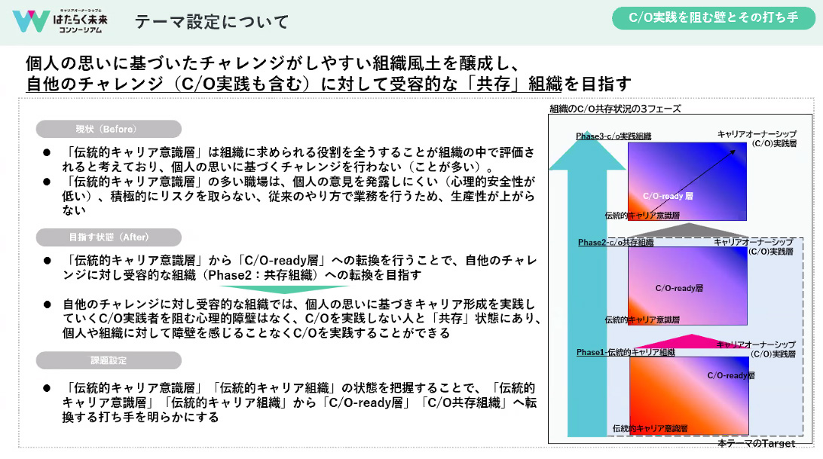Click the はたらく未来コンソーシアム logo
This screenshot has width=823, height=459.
pos(60,21)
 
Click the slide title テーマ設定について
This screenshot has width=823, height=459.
pos(212,22)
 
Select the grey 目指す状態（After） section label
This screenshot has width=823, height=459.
pos(107,237)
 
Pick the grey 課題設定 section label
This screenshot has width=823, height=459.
pos(107,360)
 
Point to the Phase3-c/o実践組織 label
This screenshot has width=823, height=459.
pos(613,136)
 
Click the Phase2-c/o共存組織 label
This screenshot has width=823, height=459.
pos(615,243)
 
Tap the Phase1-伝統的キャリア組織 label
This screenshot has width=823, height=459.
pos(625,352)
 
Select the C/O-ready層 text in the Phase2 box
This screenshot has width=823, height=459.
pos(678,288)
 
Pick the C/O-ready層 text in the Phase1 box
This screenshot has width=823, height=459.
pos(730,375)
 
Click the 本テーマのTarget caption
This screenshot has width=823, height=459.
pos(756,444)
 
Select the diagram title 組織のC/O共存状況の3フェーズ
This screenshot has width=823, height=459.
pos(615,109)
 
